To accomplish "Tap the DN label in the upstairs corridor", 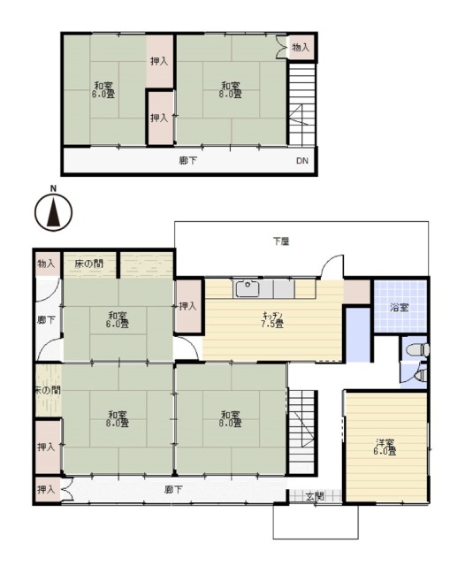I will tap(301, 161).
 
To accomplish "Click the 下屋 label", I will tap(281, 241).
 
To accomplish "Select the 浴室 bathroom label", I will tap(400, 308).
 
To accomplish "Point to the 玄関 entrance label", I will tap(315, 497).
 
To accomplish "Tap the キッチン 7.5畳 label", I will tap(272, 319).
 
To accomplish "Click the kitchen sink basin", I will tap(247, 289).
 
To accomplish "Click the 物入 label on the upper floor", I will tap(301, 47).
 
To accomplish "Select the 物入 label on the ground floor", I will tap(46, 264).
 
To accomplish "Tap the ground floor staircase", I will tap(304, 419).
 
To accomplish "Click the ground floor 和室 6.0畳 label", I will tap(118, 319).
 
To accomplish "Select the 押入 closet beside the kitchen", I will tap(187, 306).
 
